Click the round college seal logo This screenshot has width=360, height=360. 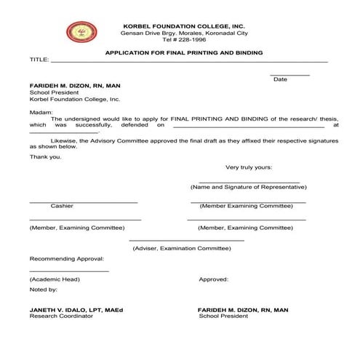(81, 32)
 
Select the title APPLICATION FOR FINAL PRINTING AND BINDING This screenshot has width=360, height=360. (184, 53)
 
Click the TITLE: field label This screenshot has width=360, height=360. (39, 60)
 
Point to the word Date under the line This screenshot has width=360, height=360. (280, 79)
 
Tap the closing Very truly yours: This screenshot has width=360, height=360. (249, 167)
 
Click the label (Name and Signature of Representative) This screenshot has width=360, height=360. (248, 187)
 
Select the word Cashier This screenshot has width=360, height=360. (62, 206)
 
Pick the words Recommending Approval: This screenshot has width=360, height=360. (67, 258)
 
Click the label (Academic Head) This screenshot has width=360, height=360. (55, 279)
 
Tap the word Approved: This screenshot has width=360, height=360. (214, 279)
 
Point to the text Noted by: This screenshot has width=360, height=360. (44, 289)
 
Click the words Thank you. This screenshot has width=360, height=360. (45, 156)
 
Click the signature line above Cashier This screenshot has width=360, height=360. (83, 201)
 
